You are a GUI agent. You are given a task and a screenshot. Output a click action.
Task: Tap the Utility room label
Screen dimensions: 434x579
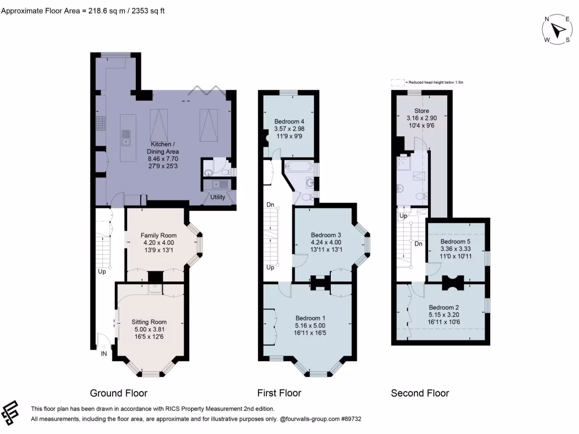point(218,197)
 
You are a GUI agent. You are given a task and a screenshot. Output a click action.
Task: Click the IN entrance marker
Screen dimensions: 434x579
point(104,354)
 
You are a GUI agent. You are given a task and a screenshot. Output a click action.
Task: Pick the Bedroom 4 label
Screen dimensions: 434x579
point(289,121)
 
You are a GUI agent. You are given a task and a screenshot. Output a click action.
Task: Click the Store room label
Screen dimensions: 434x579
point(422,111)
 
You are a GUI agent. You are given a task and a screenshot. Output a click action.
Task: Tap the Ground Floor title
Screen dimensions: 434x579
point(119,393)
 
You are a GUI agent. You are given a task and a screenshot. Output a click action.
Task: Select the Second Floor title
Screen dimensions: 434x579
point(420,393)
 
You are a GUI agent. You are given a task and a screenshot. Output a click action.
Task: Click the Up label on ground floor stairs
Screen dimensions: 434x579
point(102,271)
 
